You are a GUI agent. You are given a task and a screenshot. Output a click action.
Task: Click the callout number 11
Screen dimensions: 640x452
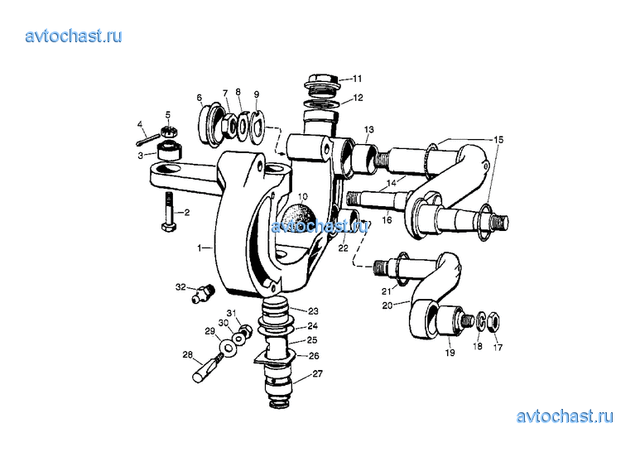pos(358,79)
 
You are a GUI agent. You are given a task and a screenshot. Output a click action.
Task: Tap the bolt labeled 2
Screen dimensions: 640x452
pos(170,211)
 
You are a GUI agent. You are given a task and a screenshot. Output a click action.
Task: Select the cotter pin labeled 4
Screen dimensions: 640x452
pos(146,138)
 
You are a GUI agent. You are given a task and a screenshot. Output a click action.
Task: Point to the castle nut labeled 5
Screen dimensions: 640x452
pos(168,131)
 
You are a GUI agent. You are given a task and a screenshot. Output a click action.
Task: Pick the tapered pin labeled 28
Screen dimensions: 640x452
pos(207,368)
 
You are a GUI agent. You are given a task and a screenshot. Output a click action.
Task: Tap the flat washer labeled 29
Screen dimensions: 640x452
pos(229,348)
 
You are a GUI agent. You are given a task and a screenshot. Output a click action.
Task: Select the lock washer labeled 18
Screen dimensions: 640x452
pos(481,321)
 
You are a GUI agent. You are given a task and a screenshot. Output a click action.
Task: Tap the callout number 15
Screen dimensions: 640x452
pos(498,140)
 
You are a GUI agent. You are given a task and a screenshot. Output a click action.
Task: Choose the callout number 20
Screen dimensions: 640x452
pos(387,305)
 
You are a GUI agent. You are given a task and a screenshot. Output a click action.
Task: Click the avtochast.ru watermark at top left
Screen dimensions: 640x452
pos(74,36)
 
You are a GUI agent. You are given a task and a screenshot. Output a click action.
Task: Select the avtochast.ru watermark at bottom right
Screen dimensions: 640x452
pos(565,416)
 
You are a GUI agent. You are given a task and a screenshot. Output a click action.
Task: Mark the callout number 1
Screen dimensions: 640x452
pos(200,248)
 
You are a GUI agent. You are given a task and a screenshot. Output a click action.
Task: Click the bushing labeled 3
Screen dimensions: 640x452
pos(169,150)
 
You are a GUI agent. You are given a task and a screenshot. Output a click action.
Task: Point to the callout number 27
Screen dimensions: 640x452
pos(318,373)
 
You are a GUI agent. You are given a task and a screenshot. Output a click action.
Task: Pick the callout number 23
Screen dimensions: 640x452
pos(313,311)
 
